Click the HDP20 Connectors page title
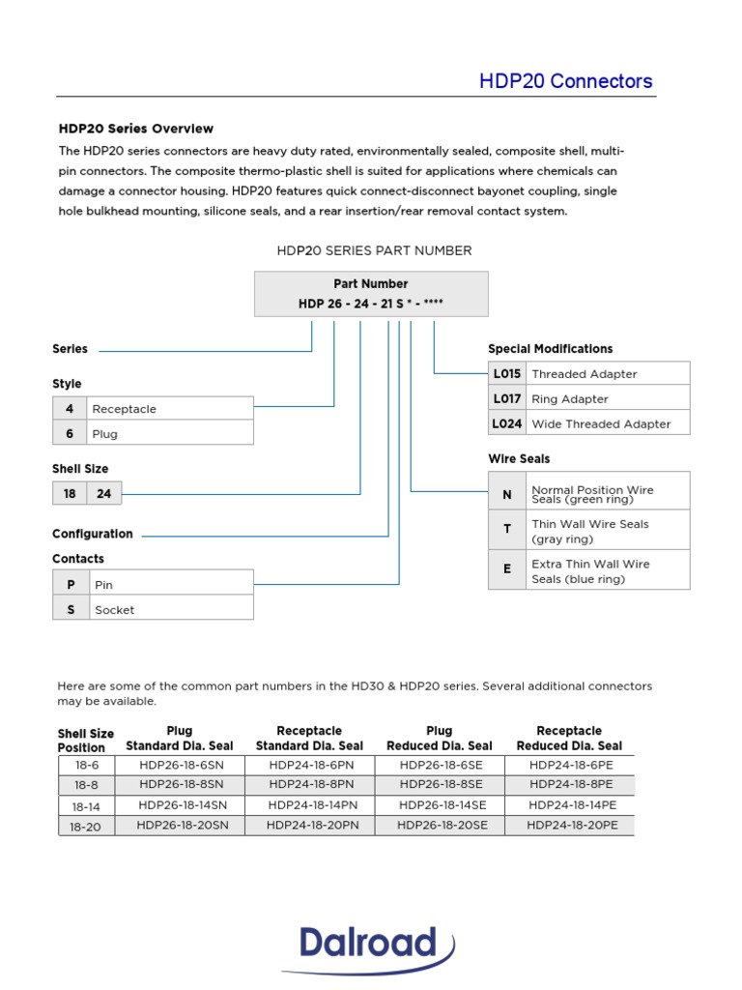click(565, 81)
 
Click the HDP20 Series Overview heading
click(136, 129)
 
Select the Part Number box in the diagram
click(371, 294)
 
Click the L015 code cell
click(507, 374)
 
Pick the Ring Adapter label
click(570, 399)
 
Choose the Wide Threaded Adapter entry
click(601, 424)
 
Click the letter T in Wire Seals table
click(507, 530)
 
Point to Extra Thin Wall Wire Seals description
click(590, 571)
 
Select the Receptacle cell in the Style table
click(124, 409)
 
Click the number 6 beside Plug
click(70, 434)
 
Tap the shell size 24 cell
click(104, 494)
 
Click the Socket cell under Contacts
click(115, 610)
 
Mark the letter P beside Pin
click(70, 585)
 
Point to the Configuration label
click(93, 534)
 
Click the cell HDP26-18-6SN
click(180, 765)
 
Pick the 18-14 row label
click(85, 805)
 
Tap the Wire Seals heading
click(519, 459)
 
